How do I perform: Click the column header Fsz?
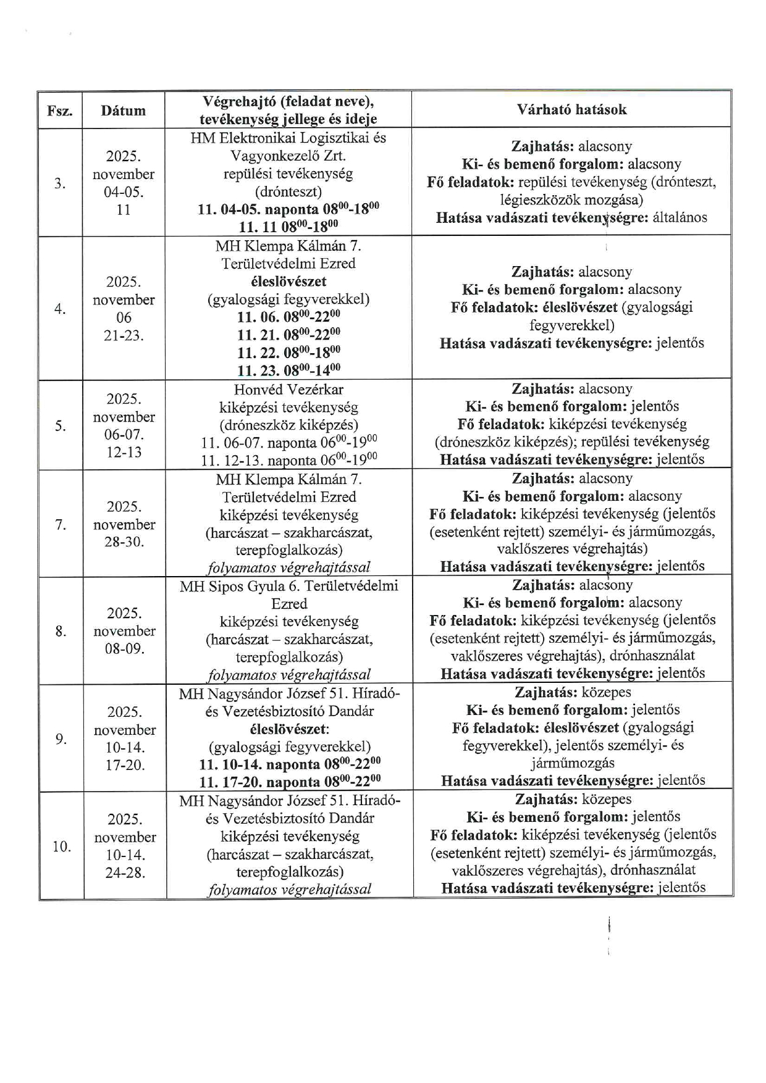click(x=60, y=111)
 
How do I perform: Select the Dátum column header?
click(x=124, y=111)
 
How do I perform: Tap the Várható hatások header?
click(x=571, y=110)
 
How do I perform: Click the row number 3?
click(x=60, y=183)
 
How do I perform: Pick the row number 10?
click(x=62, y=846)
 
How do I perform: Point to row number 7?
click(x=61, y=525)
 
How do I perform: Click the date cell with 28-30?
click(x=124, y=542)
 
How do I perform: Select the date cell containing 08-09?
click(x=124, y=649)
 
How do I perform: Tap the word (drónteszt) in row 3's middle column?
click(x=288, y=191)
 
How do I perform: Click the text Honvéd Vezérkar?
click(x=288, y=390)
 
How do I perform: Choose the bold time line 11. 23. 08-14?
click(x=288, y=370)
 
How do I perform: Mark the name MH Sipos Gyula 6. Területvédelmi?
click(x=288, y=586)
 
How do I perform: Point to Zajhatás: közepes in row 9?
click(x=573, y=692)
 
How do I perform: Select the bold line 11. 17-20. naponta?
click(x=290, y=782)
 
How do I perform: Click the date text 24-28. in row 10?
click(x=125, y=873)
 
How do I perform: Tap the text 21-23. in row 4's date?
click(x=124, y=336)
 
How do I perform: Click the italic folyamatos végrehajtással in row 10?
click(x=290, y=890)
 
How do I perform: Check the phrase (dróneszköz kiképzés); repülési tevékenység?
click(x=572, y=442)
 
